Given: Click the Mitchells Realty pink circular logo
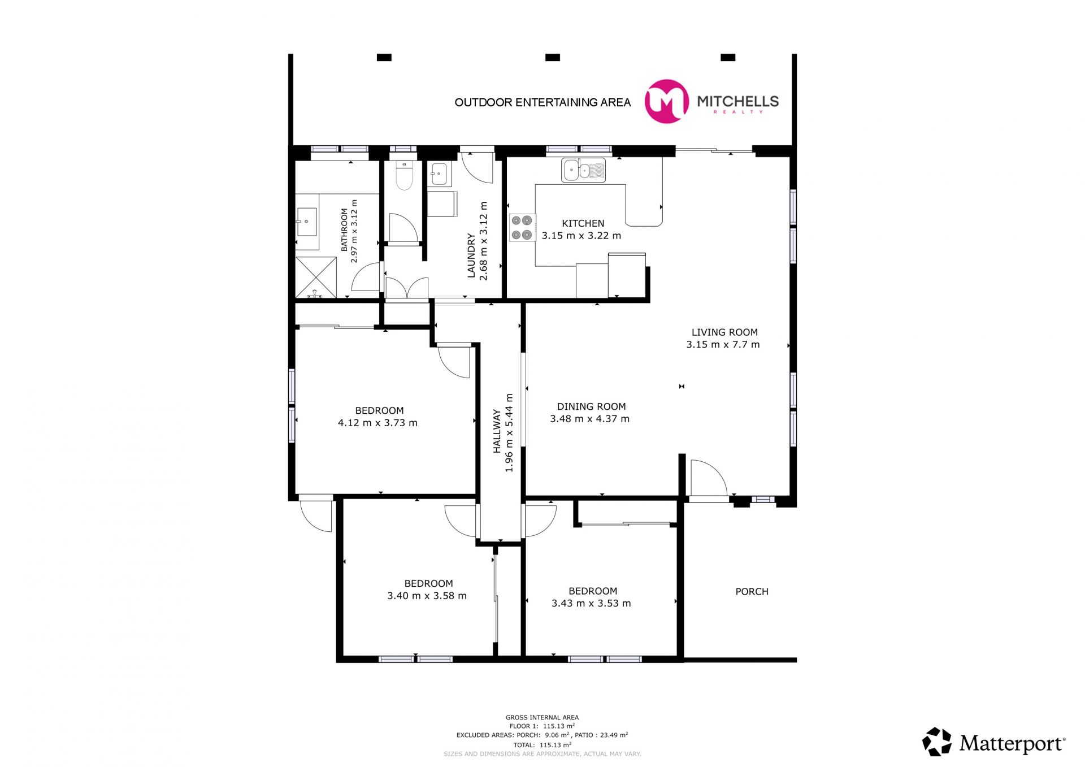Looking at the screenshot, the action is point(667,101).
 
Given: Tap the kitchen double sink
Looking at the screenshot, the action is point(583,170).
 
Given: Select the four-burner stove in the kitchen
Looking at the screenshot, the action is point(522,227).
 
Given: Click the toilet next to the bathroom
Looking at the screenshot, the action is point(403,175).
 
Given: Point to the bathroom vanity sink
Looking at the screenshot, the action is point(307,222).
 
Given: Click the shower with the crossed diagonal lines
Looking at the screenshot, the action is point(316,277).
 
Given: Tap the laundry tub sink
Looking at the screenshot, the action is point(439,174).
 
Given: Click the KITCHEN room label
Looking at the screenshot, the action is point(583,223).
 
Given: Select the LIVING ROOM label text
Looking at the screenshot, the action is point(724,332).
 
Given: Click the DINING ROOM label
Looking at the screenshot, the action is point(591,406).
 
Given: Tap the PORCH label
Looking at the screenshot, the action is point(752,592).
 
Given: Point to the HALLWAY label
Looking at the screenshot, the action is point(497,431).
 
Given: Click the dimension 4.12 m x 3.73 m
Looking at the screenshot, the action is point(377,423).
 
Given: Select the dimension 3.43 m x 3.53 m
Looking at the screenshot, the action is point(591,603).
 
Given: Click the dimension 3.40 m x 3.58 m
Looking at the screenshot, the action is point(427,596).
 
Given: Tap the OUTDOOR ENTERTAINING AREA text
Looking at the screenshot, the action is point(542,102).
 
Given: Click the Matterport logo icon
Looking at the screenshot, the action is point(937,742).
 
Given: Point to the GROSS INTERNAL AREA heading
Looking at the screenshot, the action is point(542,717).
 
